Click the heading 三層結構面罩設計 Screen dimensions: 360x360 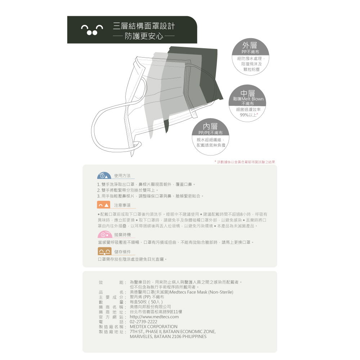[144, 26]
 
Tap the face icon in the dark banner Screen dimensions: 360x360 [92, 30]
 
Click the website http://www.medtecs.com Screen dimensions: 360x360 [154, 317]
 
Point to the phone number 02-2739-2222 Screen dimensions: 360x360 [143, 322]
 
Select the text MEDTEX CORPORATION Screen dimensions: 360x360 [153, 327]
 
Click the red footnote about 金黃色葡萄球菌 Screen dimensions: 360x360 [244, 162]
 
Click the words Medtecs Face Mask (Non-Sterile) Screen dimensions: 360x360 [201, 292]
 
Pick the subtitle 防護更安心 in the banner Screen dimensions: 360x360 [144, 36]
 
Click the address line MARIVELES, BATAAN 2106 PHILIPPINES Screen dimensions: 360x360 [168, 337]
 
